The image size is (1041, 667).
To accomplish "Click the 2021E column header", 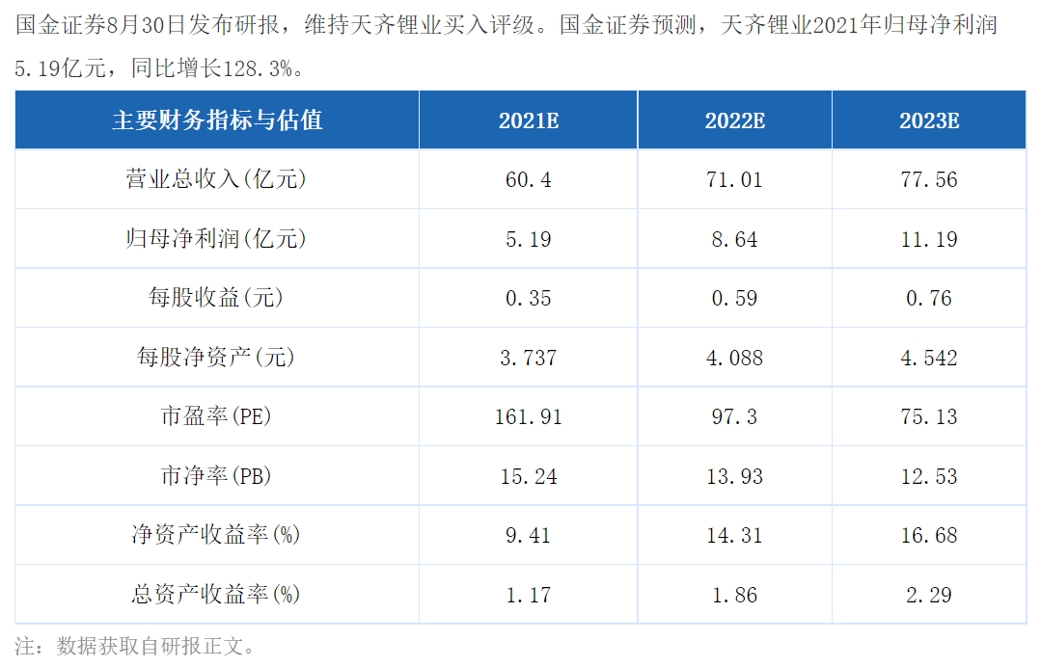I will pyautogui.click(x=529, y=120).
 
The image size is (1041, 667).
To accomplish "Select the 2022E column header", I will pyautogui.click(x=734, y=120).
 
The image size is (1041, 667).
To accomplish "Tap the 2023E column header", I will pyautogui.click(x=929, y=120).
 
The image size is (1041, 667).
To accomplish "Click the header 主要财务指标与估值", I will pyautogui.click(x=217, y=120).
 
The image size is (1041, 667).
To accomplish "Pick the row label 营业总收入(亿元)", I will pyautogui.click(x=216, y=179).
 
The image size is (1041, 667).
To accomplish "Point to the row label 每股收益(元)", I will pyautogui.click(x=216, y=298).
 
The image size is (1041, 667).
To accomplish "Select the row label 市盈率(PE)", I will pyautogui.click(x=216, y=416).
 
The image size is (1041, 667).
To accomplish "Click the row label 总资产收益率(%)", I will pyautogui.click(x=216, y=594).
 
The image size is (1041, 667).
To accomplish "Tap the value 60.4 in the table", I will pyautogui.click(x=529, y=179).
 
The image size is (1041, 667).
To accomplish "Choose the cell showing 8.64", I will pyautogui.click(x=734, y=239).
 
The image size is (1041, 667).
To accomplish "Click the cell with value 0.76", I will pyautogui.click(x=929, y=298).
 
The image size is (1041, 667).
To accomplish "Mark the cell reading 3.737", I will pyautogui.click(x=529, y=358).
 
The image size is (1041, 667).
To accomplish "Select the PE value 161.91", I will pyautogui.click(x=529, y=416).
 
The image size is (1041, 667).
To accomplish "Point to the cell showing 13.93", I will pyautogui.click(x=734, y=476).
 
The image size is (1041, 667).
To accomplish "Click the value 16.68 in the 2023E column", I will pyautogui.click(x=929, y=535).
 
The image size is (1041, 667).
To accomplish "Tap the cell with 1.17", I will pyautogui.click(x=529, y=595).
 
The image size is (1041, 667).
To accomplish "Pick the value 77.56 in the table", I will pyautogui.click(x=929, y=179).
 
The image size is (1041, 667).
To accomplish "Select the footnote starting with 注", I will pyautogui.click(x=135, y=646).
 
